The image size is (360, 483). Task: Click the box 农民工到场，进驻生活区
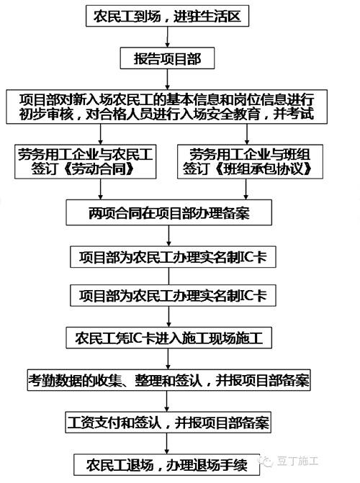167,16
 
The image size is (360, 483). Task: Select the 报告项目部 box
167,58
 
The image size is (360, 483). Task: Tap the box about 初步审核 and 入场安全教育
167,107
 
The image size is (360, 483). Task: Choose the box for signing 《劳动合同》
86,161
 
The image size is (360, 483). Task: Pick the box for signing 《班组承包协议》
250,161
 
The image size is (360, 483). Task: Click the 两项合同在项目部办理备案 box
169,212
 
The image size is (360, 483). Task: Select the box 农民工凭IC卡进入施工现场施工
169,338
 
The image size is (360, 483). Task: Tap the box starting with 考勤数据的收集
169,380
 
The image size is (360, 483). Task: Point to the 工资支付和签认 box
168,423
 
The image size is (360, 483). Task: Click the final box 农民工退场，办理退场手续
166,464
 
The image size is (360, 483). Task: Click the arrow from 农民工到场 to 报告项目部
167,37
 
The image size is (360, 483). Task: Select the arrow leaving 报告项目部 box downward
167,79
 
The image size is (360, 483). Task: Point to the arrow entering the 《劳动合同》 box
101,134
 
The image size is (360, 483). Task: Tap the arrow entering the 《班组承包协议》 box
246,134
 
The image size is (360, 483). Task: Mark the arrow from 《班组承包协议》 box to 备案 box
246,189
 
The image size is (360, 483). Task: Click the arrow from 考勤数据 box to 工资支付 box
167,401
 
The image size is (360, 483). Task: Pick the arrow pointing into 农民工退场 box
167,443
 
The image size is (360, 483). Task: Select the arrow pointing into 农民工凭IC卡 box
168,317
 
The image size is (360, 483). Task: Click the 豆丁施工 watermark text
298,461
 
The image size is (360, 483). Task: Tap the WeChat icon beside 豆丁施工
266,461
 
